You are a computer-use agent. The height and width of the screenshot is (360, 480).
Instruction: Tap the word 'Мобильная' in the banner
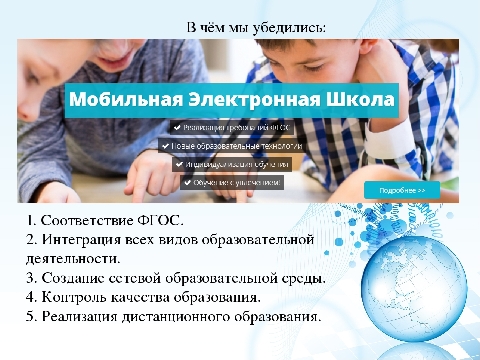point(117,101)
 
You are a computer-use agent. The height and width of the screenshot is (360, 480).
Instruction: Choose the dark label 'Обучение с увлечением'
point(232,183)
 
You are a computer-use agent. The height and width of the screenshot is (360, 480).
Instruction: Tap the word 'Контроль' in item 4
point(78,298)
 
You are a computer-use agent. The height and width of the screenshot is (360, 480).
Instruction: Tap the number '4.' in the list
point(31,298)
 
